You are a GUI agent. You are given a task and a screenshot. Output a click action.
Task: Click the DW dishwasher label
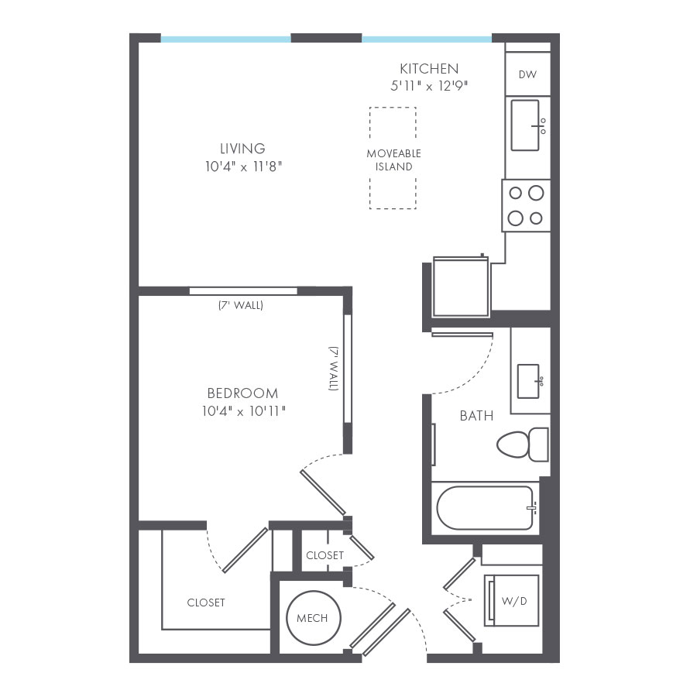click(x=527, y=74)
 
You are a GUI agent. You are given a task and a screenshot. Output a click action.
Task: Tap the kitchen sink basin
click(x=526, y=125)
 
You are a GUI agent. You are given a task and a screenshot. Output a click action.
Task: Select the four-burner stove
click(x=526, y=205)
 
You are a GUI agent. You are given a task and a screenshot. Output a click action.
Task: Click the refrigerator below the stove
click(x=461, y=287)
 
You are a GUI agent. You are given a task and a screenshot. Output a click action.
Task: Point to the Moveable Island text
click(x=394, y=160)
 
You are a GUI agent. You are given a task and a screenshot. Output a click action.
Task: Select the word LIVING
click(x=242, y=148)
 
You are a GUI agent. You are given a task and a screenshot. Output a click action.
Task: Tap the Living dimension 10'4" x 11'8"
click(x=242, y=167)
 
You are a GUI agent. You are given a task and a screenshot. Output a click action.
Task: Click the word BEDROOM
click(x=242, y=393)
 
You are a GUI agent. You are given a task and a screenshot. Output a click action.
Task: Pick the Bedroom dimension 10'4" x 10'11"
click(x=242, y=411)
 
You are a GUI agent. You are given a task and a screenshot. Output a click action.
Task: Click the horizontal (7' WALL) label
click(x=240, y=305)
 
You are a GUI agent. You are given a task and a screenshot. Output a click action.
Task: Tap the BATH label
click(x=476, y=416)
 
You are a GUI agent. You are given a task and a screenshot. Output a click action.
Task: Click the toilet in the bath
click(x=521, y=444)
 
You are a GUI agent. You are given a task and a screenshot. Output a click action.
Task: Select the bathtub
click(x=485, y=508)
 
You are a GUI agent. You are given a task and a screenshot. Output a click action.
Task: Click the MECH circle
click(x=312, y=617)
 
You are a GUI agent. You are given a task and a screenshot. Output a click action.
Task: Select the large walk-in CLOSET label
click(x=206, y=602)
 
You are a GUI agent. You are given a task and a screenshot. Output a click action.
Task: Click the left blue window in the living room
click(x=225, y=38)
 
